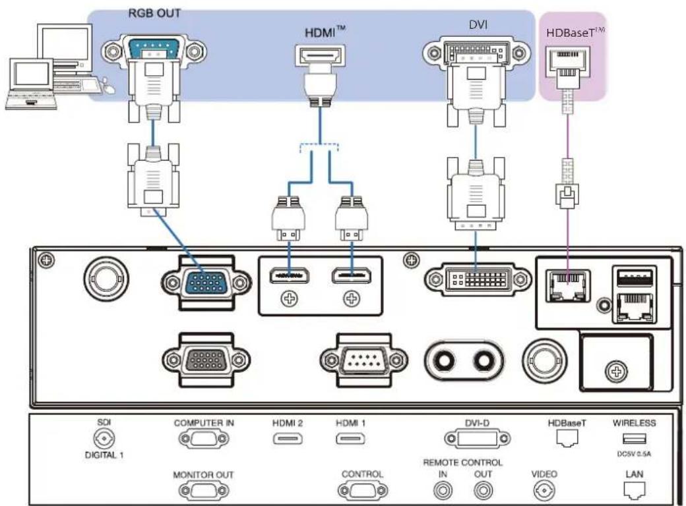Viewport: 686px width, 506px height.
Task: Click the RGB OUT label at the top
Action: coord(154,13)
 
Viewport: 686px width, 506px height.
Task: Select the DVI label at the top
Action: coord(478,24)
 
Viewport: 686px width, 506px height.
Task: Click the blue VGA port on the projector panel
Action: coord(206,282)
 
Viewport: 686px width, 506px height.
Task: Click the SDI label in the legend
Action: coord(104,422)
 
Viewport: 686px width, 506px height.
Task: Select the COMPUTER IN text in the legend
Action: coord(204,423)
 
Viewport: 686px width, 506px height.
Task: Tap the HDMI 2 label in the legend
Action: coord(288,423)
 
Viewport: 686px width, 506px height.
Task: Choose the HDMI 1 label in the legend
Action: coord(350,423)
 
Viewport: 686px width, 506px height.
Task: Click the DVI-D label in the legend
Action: coord(477,423)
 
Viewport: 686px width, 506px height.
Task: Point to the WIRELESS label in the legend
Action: coord(634,423)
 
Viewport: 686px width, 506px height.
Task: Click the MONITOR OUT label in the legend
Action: coord(203,474)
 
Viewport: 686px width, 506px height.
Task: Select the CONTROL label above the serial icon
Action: coord(362,474)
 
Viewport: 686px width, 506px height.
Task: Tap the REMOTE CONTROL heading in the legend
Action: coord(463,463)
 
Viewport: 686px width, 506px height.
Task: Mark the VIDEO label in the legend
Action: coord(544,474)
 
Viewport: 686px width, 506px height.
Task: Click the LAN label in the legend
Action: coord(635,474)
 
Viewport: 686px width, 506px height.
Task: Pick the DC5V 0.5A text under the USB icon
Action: coord(634,454)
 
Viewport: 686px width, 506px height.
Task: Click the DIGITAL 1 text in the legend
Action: coord(104,455)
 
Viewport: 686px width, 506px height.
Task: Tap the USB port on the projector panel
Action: coord(634,277)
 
